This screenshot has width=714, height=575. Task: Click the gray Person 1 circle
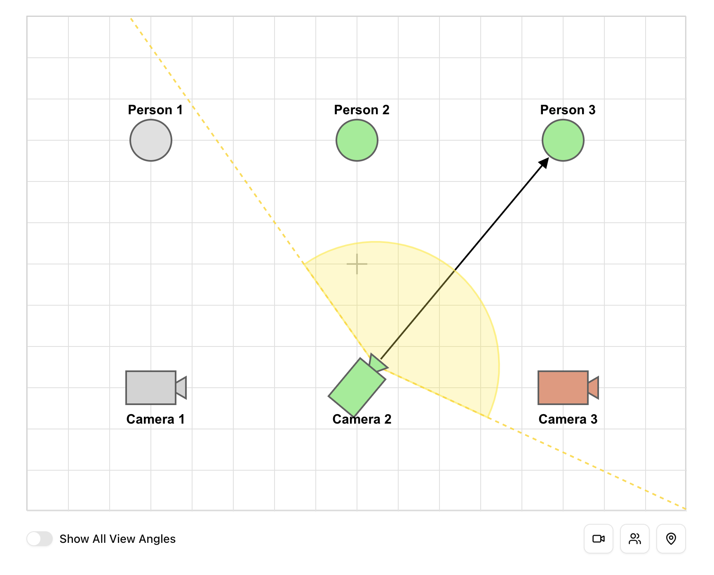[151, 140]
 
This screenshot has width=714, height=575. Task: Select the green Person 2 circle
[357, 140]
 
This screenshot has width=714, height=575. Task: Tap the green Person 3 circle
[563, 140]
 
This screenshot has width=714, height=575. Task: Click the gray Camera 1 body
[151, 388]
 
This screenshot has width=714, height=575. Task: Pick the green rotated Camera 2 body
[357, 387]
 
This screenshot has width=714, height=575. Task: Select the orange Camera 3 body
[563, 388]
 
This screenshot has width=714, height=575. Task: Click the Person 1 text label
[155, 110]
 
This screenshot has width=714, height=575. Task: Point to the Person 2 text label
[362, 110]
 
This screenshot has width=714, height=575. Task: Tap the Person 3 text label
[568, 110]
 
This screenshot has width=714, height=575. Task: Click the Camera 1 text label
[155, 419]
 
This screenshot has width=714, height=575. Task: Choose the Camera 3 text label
[568, 419]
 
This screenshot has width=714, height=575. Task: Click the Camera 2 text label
[362, 419]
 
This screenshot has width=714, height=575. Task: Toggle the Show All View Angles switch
[40, 539]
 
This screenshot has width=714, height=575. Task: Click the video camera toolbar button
[599, 539]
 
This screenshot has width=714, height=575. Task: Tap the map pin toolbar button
[671, 539]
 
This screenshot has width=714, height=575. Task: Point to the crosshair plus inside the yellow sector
[357, 264]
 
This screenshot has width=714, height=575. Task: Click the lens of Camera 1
[181, 388]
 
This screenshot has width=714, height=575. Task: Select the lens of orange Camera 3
[594, 388]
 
